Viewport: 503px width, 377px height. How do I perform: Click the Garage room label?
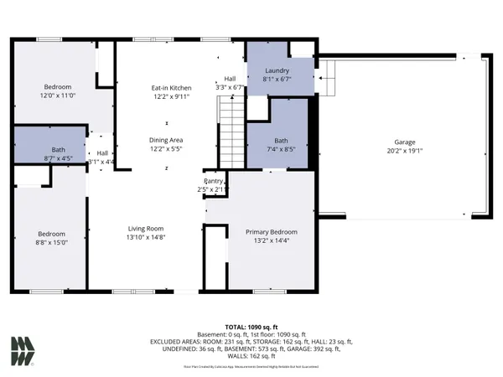point(405,142)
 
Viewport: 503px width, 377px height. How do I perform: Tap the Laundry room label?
point(277,71)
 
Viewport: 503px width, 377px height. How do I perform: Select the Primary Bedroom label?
point(271,232)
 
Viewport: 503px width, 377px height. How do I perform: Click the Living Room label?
point(145,228)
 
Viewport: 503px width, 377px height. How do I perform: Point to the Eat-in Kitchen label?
point(171,88)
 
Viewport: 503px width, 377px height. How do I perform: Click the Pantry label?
point(215,181)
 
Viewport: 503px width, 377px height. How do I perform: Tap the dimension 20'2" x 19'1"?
point(405,152)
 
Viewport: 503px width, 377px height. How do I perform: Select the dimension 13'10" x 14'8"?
point(145,237)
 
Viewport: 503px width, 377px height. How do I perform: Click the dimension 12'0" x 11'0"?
point(58,96)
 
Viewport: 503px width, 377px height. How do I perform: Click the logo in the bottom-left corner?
point(23,351)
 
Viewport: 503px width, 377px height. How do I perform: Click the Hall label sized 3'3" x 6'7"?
point(229,79)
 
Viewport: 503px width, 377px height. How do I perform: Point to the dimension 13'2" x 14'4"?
point(271,241)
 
